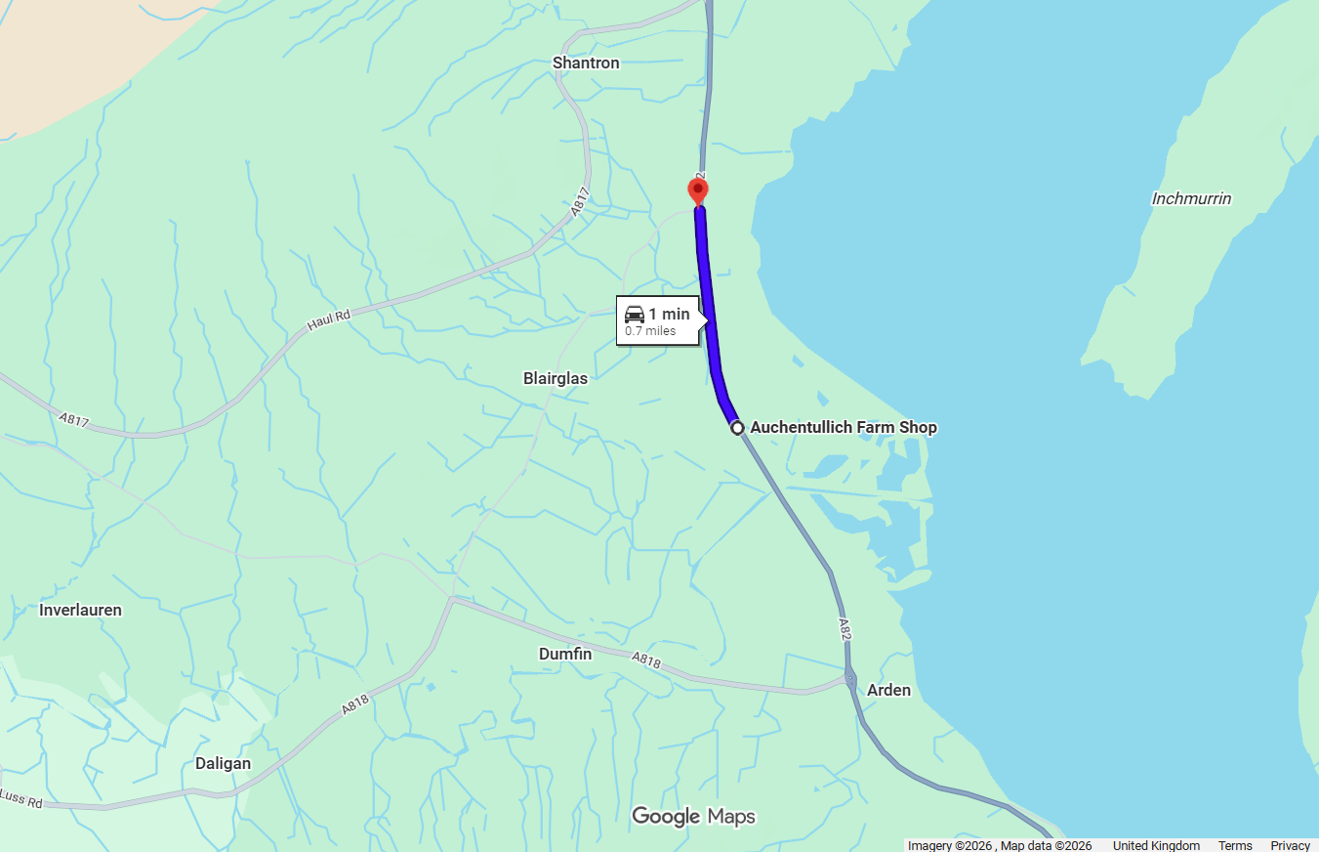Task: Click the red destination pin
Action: pos(698,190)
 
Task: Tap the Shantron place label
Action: pos(586,63)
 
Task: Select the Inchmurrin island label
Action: pos(1191,198)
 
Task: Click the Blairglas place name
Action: pos(556,378)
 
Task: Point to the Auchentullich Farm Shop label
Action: pos(843,427)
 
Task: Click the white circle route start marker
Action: pos(737,428)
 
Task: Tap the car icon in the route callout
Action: pos(635,315)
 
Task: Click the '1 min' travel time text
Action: pos(669,315)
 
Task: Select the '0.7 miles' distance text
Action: pos(650,331)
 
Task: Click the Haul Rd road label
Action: pos(329,320)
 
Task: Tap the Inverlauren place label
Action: pos(80,610)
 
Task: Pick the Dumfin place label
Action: pos(565,654)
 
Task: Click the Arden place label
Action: pos(888,690)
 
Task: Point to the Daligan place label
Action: pos(223,763)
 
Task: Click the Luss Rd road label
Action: pos(21,798)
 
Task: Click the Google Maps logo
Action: pos(693,817)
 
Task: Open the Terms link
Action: pos(1234,845)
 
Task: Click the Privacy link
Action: pos(1290,845)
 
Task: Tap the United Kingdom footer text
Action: pos(1156,845)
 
